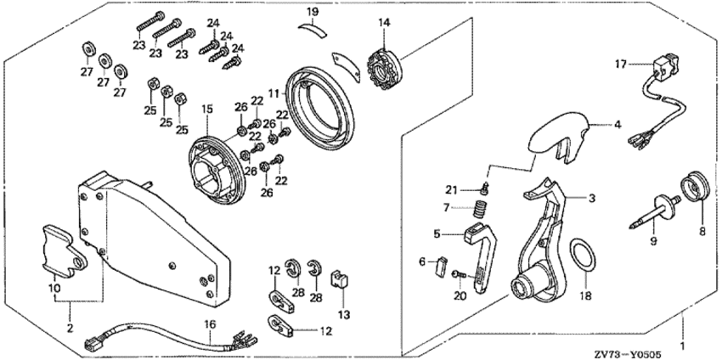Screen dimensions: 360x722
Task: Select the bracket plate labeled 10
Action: (x=62, y=250)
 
